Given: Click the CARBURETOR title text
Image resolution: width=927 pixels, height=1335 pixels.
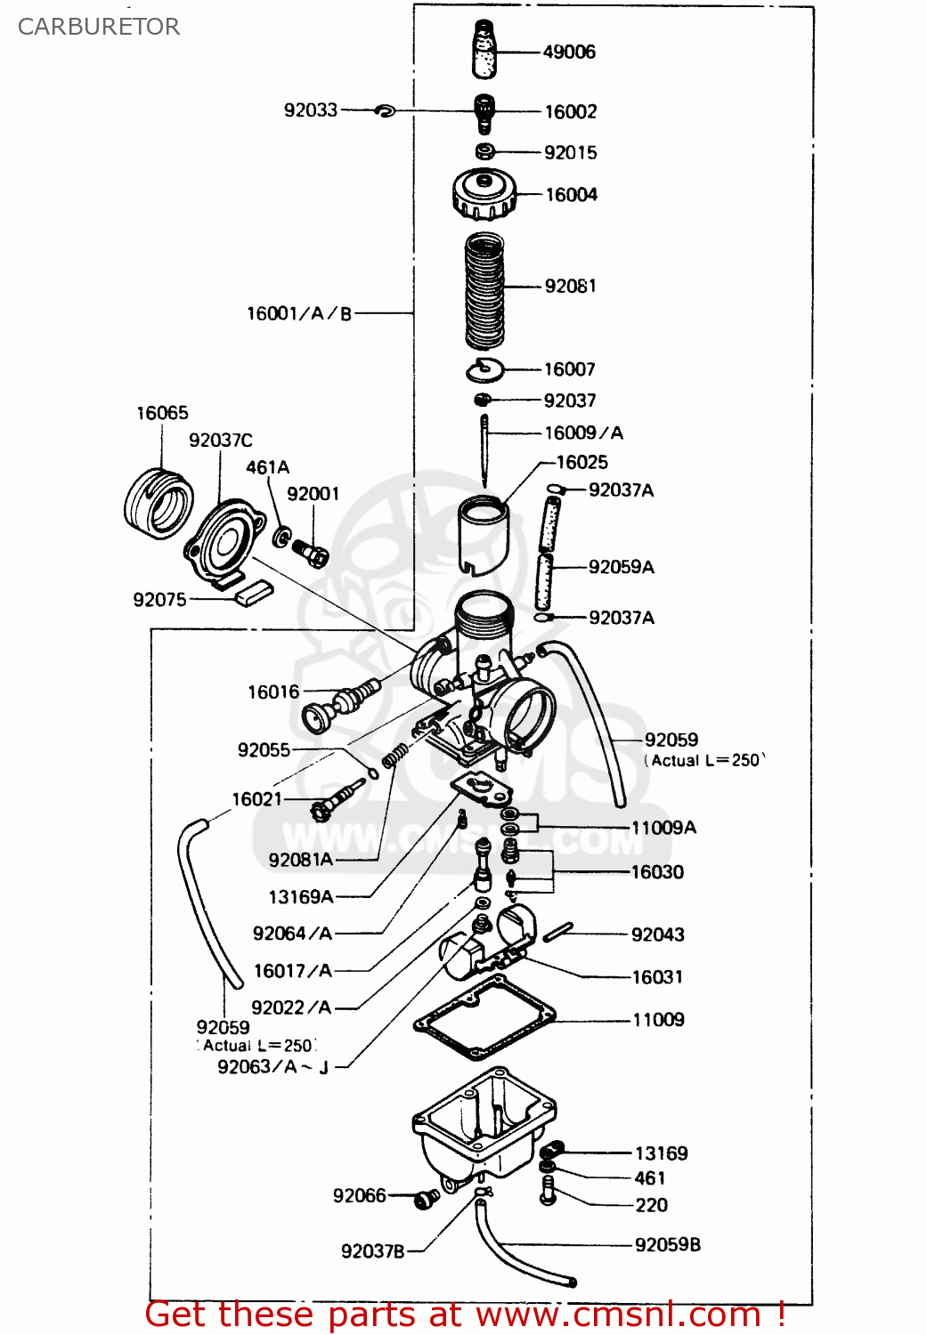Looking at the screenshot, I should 99,27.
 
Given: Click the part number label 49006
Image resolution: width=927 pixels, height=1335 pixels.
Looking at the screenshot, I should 569,52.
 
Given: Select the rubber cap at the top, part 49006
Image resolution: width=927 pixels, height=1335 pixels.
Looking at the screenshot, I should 484,50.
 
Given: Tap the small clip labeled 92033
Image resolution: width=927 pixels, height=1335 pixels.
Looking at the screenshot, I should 385,111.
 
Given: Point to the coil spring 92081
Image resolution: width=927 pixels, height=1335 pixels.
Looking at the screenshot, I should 485,290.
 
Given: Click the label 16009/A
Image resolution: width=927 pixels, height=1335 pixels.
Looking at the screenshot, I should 583,433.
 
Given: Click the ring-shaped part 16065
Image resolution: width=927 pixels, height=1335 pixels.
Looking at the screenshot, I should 159,504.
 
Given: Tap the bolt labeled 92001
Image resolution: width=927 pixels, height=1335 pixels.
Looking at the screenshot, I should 311,553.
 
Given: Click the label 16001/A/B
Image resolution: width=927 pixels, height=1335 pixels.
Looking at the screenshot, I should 299,313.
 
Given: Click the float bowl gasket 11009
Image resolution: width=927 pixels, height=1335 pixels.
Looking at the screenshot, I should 485,1018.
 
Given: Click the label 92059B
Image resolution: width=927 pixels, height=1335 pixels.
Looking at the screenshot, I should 667,1245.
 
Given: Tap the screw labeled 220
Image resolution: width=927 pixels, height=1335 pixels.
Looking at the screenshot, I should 548,1190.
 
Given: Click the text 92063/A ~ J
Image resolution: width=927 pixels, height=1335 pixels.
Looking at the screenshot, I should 273,1067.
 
